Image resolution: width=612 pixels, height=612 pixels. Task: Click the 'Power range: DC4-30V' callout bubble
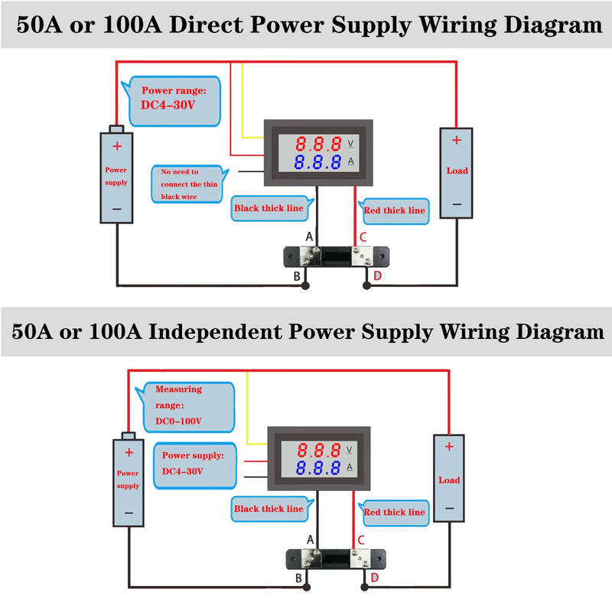tap(174, 101)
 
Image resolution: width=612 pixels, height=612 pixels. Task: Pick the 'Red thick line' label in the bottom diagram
tap(394, 513)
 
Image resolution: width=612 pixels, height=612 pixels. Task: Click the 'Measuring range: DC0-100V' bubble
tap(186, 407)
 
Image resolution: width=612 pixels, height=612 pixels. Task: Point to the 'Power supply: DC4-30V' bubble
tap(195, 465)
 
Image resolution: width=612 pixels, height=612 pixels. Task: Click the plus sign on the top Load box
tap(456, 140)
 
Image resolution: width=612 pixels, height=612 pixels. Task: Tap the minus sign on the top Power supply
tap(117, 209)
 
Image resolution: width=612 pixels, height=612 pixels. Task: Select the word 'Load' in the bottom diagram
tap(449, 480)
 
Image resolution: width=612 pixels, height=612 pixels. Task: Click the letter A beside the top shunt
tap(309, 236)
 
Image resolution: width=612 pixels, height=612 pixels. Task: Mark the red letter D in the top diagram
tap(377, 276)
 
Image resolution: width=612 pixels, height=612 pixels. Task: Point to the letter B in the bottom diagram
tap(298, 578)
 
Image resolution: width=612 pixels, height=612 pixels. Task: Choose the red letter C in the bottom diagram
tap(361, 540)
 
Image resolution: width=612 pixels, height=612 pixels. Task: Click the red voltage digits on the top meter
tap(318, 144)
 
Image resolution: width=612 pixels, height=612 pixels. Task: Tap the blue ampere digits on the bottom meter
tap(318, 467)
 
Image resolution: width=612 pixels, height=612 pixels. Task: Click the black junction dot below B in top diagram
tap(305, 286)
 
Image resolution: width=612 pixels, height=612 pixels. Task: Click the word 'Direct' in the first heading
tap(207, 24)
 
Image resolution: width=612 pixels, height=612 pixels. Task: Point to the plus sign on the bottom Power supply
tap(129, 453)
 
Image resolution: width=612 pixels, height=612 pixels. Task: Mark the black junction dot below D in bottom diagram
tap(365, 587)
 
